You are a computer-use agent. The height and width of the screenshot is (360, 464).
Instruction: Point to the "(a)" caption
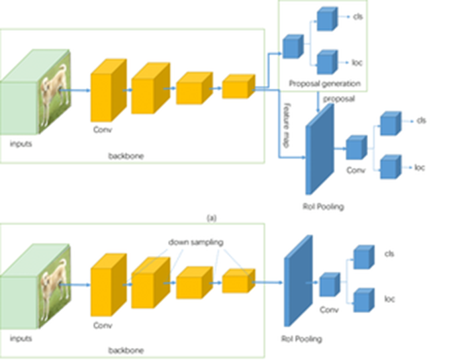[212, 218]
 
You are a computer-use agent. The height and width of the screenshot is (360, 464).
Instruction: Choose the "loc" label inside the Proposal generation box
[357, 62]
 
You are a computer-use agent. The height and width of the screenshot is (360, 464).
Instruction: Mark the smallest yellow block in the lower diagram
[236, 281]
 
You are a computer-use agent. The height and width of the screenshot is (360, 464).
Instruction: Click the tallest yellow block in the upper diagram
[107, 89]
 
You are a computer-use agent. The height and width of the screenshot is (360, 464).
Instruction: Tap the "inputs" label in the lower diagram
[21, 339]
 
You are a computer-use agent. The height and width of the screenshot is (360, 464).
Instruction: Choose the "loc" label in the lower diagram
[389, 299]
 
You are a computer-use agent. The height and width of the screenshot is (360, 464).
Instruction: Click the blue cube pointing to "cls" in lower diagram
[363, 257]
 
